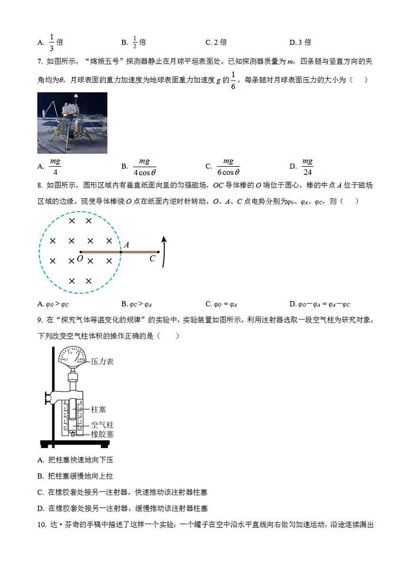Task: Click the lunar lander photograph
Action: (x=72, y=123)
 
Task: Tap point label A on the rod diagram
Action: (x=126, y=244)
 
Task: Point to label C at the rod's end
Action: (x=152, y=258)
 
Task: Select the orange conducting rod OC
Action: (x=119, y=252)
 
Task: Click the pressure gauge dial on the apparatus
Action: (x=72, y=357)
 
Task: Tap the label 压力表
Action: (x=102, y=361)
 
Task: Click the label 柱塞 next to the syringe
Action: (x=98, y=409)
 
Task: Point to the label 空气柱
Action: (x=102, y=425)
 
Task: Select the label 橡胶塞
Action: (x=102, y=434)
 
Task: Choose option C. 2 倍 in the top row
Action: (x=216, y=42)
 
